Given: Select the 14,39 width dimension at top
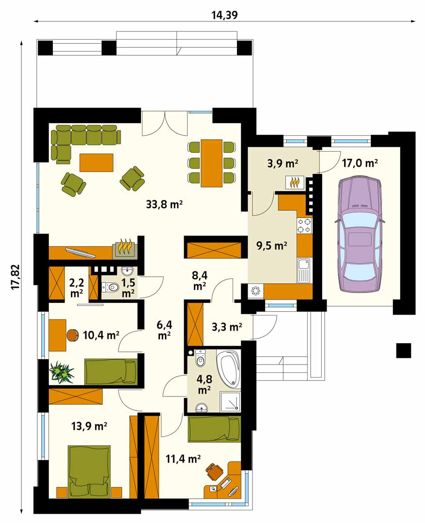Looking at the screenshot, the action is [x=224, y=15].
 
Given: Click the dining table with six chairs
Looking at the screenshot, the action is [x=211, y=163].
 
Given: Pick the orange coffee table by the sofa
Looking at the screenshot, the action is [x=96, y=162].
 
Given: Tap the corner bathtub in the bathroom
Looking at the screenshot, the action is [x=229, y=369].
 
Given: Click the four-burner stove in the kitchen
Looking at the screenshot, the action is [x=304, y=225].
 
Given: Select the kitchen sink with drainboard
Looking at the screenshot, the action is [x=304, y=270].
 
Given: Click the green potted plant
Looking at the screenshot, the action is [x=62, y=371].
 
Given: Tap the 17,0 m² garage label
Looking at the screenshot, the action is [x=360, y=163].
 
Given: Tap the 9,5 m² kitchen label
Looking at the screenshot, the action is [x=271, y=246].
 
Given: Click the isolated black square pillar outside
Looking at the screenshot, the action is [x=404, y=350].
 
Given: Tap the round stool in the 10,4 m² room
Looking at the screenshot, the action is [x=72, y=335].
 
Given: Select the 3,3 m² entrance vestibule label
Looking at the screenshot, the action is [x=227, y=327].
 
